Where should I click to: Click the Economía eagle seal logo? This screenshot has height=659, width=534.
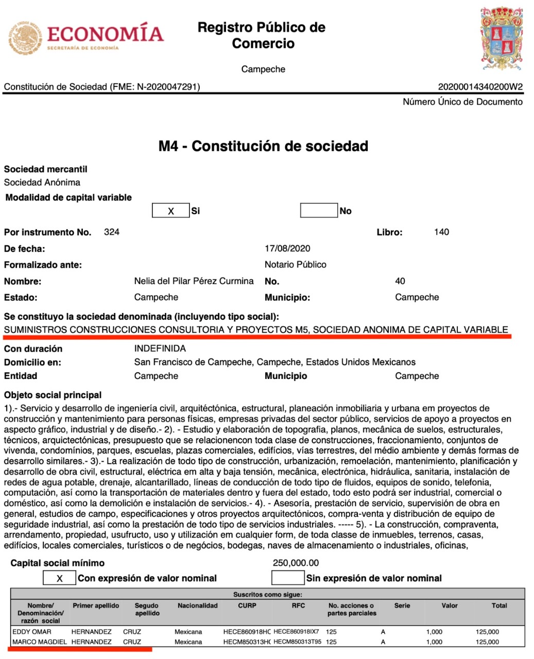(26, 37)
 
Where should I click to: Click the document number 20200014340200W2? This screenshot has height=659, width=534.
(480, 86)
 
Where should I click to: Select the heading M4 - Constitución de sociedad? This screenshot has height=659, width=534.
(263, 146)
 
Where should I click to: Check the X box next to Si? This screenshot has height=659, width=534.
(170, 211)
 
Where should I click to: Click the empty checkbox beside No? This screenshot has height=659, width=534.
(319, 211)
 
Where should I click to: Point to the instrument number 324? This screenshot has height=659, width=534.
(112, 232)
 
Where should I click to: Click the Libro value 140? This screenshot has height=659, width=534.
(441, 232)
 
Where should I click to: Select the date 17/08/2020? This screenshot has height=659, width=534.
(287, 249)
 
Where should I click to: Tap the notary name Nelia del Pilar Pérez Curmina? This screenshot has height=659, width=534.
(194, 281)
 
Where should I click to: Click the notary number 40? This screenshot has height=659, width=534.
(400, 281)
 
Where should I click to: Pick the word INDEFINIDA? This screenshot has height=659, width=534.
(160, 349)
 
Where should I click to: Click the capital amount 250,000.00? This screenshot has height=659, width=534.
(296, 563)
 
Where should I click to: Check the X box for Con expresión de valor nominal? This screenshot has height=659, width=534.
(59, 578)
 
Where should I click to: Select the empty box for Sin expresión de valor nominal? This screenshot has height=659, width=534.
(288, 578)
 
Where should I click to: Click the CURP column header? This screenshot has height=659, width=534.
(247, 606)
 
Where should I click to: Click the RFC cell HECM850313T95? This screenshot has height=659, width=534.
(298, 642)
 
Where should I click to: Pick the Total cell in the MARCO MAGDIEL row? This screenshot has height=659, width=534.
(487, 642)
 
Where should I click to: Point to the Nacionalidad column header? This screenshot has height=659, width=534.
(198, 606)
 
